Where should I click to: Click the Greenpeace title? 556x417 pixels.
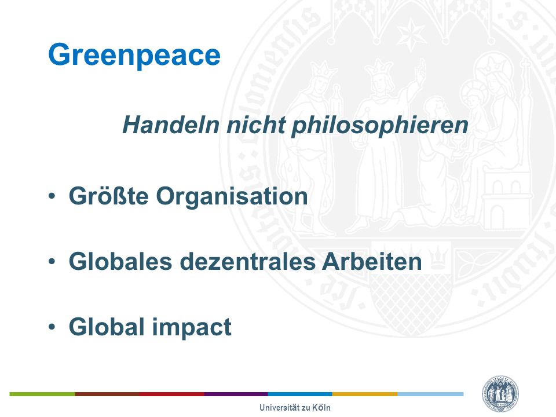point(134,56)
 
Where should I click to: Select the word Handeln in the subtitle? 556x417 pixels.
point(171,125)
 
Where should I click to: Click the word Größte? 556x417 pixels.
point(108,196)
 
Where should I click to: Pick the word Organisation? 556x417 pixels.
point(232,196)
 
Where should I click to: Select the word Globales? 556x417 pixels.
point(120,261)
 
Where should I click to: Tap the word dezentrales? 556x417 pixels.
point(248,261)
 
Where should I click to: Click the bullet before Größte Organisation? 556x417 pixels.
point(52,196)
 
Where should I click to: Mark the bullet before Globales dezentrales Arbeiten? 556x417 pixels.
point(52,261)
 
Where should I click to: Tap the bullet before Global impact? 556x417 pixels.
point(52,327)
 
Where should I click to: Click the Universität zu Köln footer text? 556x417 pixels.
point(295,408)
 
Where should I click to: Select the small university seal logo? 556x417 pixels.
point(500,394)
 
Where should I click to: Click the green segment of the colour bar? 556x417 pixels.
point(42,394)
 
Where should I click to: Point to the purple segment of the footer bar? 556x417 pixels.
point(236,394)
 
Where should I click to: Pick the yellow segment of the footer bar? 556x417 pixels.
point(365,394)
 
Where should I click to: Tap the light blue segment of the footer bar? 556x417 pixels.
point(430,394)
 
